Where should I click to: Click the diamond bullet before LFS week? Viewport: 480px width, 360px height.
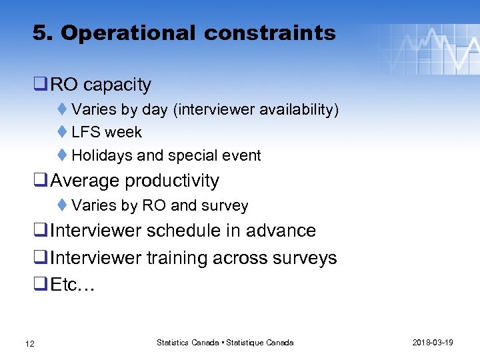tap(61, 132)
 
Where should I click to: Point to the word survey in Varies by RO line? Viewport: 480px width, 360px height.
tap(227, 206)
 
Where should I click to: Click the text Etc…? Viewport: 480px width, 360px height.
tap(73, 285)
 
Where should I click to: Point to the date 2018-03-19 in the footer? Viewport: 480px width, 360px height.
tap(433, 343)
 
